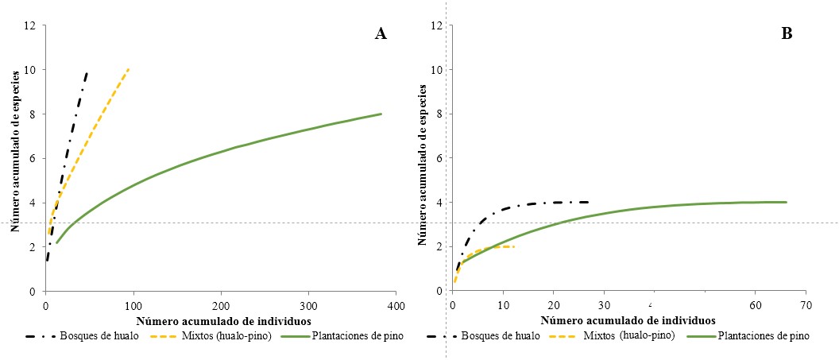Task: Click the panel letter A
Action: pyautogui.click(x=381, y=34)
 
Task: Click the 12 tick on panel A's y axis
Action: pyautogui.click(x=30, y=25)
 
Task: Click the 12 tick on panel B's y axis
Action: pyautogui.click(x=436, y=25)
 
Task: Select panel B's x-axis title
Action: pyautogui.click(x=628, y=320)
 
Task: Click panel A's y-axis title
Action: pyautogui.click(x=14, y=158)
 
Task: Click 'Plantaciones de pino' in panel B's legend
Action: pyautogui.click(x=764, y=335)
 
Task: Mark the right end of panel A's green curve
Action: pyautogui.click(x=381, y=114)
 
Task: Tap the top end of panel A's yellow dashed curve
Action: pyautogui.click(x=129, y=69)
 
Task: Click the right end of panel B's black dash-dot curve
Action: pyautogui.click(x=588, y=202)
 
